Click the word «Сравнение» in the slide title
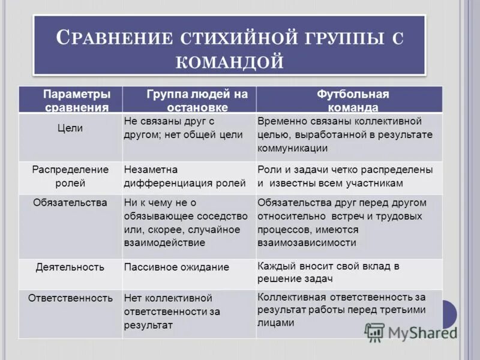tap(111, 37)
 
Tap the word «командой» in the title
tap(230, 60)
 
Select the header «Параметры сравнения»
tap(71, 101)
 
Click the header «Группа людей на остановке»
tap(189, 101)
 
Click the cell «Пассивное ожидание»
tap(176, 267)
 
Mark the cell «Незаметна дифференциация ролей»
tap(184, 176)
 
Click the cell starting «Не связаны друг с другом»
tap(183, 128)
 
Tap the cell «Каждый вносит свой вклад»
tap(328, 272)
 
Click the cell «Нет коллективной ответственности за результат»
tap(172, 311)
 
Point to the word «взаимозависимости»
tap(307, 242)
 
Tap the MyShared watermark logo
tap(410, 332)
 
